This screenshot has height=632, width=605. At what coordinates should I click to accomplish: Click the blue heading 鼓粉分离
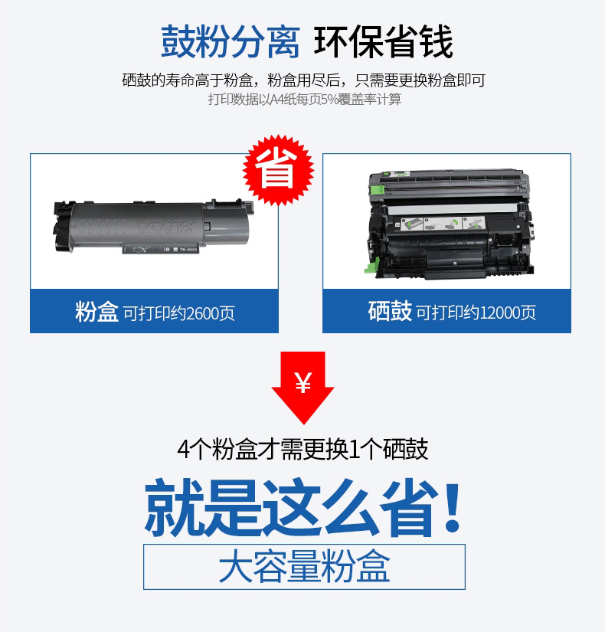[231, 41]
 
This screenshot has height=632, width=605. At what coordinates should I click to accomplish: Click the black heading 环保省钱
[384, 41]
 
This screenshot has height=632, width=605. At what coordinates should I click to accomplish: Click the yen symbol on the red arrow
[303, 382]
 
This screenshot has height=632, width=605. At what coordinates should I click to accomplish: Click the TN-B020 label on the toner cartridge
[188, 250]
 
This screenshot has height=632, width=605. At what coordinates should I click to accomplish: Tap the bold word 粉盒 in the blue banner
[96, 312]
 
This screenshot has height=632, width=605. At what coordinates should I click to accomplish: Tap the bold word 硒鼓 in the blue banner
[390, 311]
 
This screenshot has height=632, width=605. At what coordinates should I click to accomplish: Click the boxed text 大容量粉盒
[304, 566]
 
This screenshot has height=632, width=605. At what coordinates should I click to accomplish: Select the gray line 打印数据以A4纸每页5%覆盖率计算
[305, 99]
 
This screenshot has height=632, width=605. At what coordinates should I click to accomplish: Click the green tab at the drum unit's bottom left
[370, 267]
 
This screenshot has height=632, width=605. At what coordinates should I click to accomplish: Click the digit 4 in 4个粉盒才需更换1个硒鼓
[183, 450]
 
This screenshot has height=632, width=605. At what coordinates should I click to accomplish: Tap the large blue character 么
[350, 507]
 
